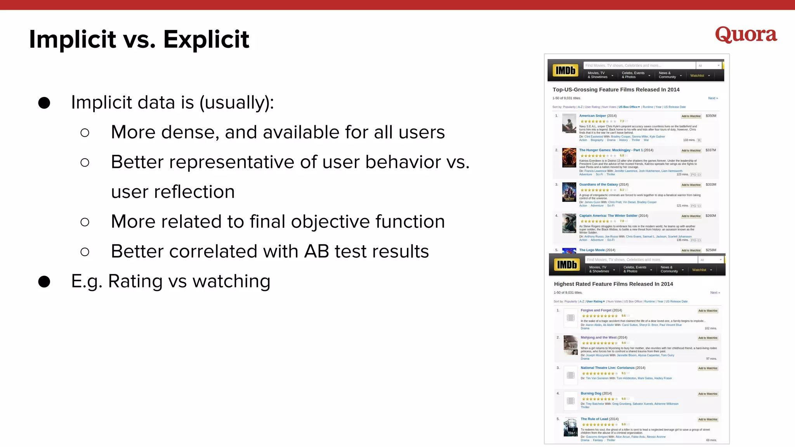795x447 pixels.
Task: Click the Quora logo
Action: (746, 35)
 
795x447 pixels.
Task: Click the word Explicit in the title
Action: (206, 39)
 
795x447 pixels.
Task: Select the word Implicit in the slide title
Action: (73, 39)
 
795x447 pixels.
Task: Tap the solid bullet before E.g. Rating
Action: (44, 282)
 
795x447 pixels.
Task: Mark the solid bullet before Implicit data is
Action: (44, 103)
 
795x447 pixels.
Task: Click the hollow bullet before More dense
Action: (85, 133)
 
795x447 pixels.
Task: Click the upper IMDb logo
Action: (565, 71)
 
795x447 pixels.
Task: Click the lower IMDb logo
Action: (567, 265)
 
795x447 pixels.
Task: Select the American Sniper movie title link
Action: (592, 116)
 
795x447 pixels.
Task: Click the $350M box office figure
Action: (711, 116)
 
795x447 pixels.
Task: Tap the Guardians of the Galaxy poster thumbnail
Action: (569, 192)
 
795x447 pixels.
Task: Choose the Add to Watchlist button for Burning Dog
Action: (708, 394)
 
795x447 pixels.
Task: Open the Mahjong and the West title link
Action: (598, 338)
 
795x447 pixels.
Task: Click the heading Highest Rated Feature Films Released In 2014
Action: (613, 284)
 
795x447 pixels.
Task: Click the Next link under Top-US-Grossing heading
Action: (713, 98)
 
